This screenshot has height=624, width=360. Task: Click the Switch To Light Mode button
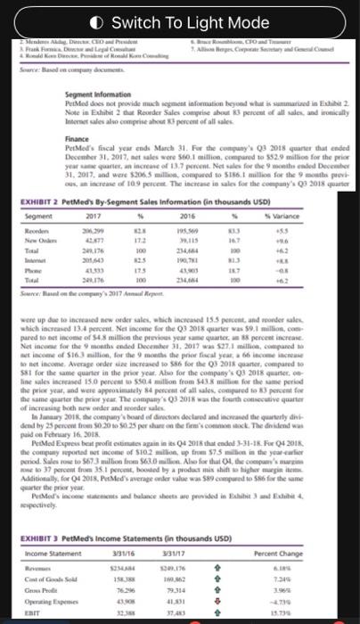(x=179, y=21)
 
